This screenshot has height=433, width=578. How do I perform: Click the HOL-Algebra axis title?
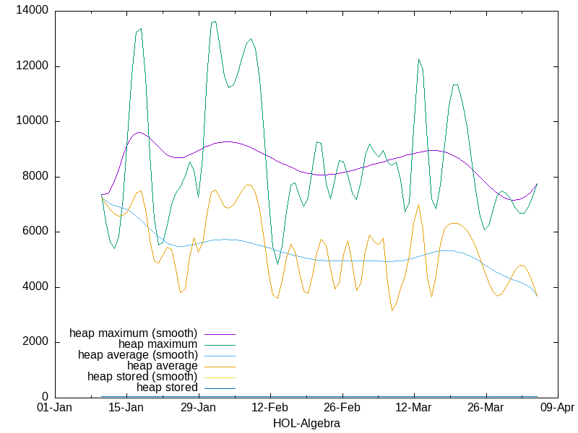click(306, 424)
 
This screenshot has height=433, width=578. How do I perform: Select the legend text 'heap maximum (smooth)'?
click(133, 333)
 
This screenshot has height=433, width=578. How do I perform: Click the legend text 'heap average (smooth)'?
click(137, 355)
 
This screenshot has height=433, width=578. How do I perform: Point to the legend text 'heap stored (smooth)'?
click(142, 377)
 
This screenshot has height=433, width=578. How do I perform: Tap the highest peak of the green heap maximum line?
click(214, 22)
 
